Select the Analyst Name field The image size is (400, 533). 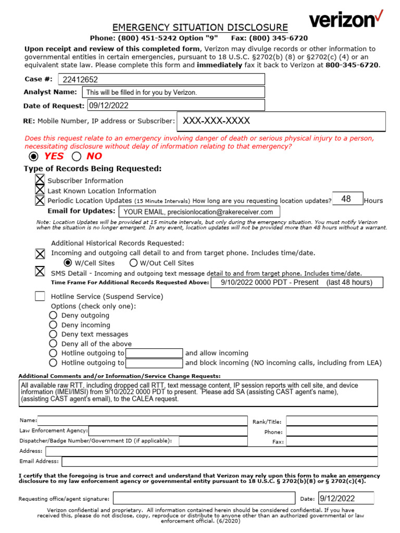[x=173, y=92]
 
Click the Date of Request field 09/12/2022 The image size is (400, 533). [x=176, y=105]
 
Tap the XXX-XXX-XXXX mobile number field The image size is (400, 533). [x=281, y=121]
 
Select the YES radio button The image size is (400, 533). [x=34, y=157]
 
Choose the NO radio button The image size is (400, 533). [x=77, y=157]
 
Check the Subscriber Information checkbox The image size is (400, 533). [x=40, y=180]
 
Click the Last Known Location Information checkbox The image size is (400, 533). [x=40, y=191]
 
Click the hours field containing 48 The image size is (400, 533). [x=347, y=199]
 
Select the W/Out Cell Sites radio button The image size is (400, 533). [x=134, y=263]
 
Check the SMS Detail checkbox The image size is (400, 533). [x=40, y=272]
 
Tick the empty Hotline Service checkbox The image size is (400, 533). [x=40, y=296]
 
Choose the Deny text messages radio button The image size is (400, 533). [x=53, y=334]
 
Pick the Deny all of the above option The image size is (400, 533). [x=53, y=344]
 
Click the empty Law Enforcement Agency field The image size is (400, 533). [x=168, y=431]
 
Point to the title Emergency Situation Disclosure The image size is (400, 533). [x=200, y=28]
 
